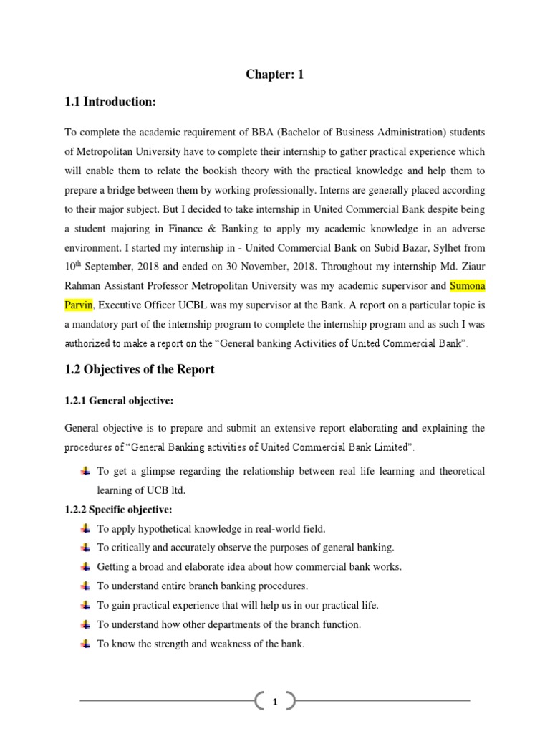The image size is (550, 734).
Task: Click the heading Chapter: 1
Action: point(275,74)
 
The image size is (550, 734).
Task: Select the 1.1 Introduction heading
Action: point(110,103)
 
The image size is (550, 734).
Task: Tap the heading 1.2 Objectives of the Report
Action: point(139,370)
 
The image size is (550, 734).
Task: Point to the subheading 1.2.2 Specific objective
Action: point(118,510)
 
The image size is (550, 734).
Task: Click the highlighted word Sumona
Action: point(467,287)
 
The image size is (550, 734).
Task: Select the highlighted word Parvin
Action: point(78,305)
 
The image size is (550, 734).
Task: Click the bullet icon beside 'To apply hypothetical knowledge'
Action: point(85,529)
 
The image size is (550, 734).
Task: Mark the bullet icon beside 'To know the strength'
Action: point(85,644)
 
